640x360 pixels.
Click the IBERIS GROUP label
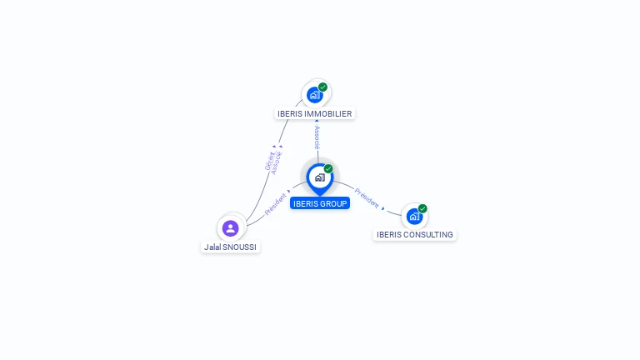(320, 203)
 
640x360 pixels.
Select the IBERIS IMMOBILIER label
(315, 113)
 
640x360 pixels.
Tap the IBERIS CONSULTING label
(415, 234)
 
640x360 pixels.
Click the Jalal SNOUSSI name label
(231, 247)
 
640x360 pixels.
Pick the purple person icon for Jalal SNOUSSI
(231, 227)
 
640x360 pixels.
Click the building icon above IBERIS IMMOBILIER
(314, 94)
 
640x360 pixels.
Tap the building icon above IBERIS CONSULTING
(414, 217)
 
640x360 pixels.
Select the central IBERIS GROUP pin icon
(319, 177)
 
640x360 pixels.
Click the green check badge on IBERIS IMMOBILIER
(322, 87)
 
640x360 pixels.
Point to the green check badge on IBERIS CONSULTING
(422, 208)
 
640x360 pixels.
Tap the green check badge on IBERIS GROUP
(328, 169)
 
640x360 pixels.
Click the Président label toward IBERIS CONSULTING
(367, 198)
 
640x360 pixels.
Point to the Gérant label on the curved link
(269, 161)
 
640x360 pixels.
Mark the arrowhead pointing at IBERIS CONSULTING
(383, 207)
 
